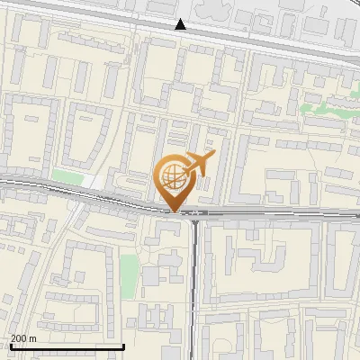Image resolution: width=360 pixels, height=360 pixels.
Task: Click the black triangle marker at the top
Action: (181, 24)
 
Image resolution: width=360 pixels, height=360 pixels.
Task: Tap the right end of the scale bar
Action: (123, 346)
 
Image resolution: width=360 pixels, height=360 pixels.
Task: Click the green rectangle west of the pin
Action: (67, 176)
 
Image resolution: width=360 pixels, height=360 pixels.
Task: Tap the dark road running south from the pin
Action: (195, 270)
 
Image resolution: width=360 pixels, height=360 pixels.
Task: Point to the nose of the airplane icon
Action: (215, 155)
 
